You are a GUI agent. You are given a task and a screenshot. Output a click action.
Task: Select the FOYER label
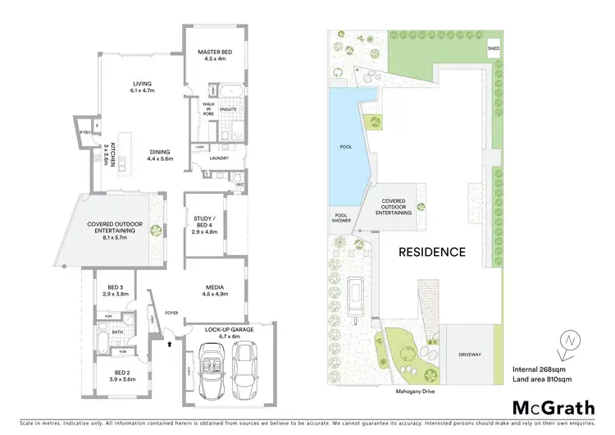(172, 313)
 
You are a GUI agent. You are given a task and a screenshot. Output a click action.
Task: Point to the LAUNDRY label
(218, 158)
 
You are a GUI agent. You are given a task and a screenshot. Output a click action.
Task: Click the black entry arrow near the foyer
(169, 345)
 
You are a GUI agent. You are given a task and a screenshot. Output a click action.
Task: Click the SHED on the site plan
(494, 48)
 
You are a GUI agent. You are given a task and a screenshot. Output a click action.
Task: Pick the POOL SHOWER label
(340, 218)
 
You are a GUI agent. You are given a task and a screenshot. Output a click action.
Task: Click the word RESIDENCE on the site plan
(431, 252)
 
